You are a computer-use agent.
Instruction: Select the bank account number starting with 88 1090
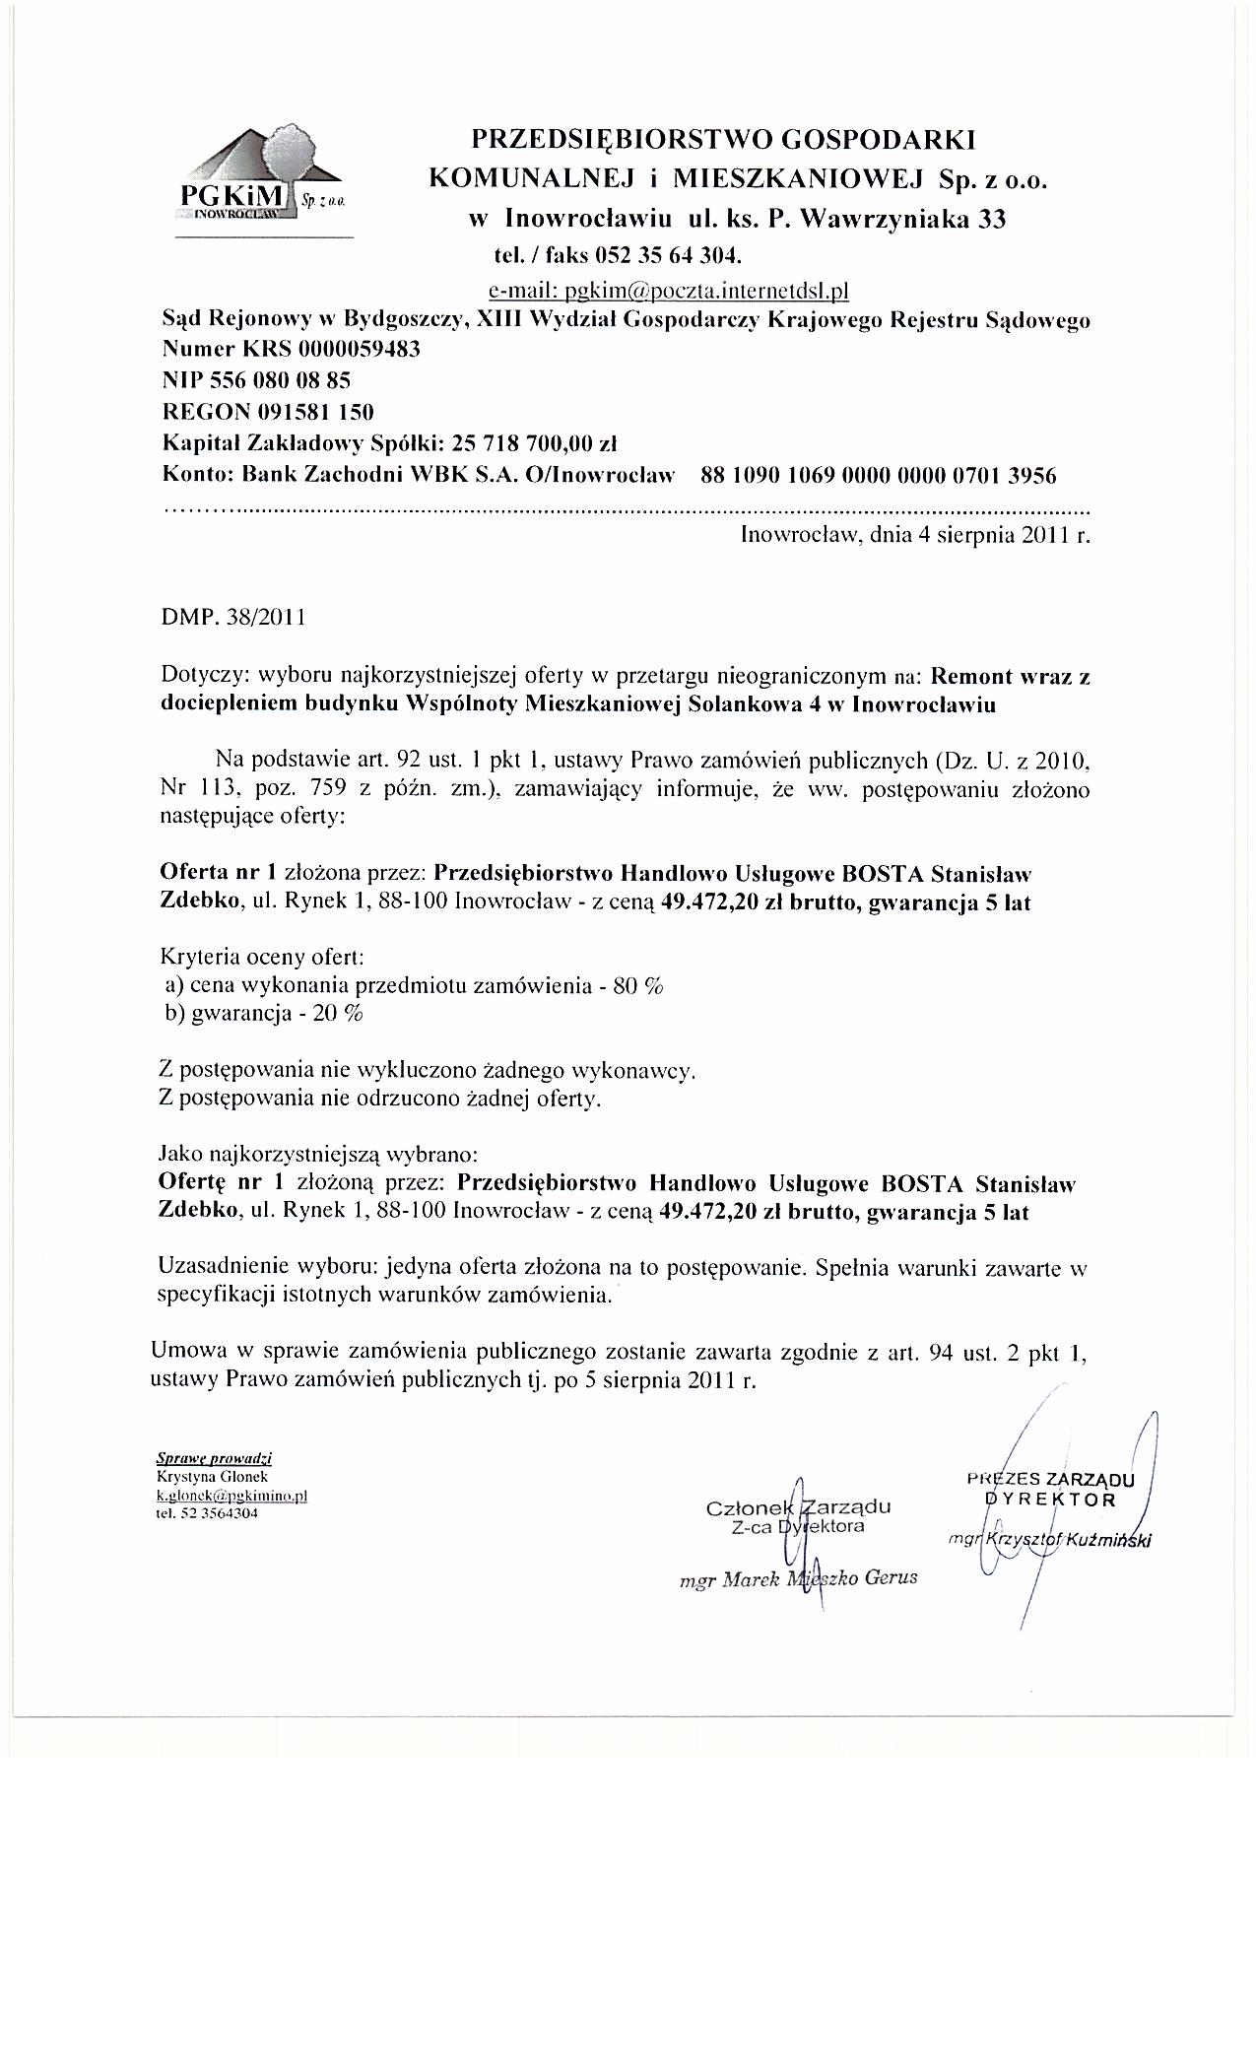click(878, 476)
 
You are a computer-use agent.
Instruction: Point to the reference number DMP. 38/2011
click(232, 618)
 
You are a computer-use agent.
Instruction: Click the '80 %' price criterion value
click(637, 986)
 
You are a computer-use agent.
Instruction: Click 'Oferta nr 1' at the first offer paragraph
click(218, 872)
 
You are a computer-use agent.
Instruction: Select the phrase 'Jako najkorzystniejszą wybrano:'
click(318, 1153)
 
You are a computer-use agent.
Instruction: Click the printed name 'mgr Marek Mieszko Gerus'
click(798, 1576)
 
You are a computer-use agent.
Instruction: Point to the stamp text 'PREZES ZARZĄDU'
click(1051, 1480)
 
